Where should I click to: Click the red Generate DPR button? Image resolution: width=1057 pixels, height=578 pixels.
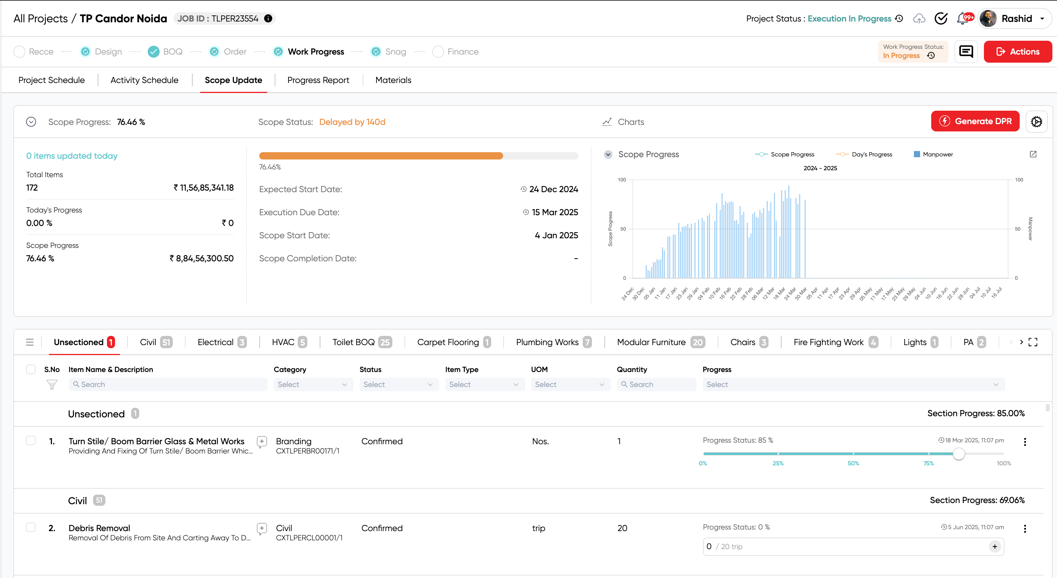point(975,121)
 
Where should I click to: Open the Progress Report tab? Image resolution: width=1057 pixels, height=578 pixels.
point(318,80)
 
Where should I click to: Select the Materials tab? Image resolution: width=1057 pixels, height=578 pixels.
point(393,80)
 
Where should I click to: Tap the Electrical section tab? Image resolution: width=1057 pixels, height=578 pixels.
point(222,342)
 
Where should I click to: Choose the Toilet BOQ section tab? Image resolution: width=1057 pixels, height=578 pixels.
point(362,342)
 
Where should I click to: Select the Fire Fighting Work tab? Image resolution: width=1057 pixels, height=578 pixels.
point(835,342)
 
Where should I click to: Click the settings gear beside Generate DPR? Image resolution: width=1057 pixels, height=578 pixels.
point(1036,122)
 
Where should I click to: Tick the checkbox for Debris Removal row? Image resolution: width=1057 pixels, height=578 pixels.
point(31,527)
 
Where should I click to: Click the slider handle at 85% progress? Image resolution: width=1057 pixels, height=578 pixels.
point(959,454)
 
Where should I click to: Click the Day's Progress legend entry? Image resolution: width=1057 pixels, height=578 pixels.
point(864,154)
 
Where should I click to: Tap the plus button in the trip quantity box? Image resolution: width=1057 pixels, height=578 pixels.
point(995,546)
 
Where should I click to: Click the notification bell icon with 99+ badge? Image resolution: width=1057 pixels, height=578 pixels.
point(962,19)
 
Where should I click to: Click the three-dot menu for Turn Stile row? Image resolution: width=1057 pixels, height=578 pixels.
point(1025,442)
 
